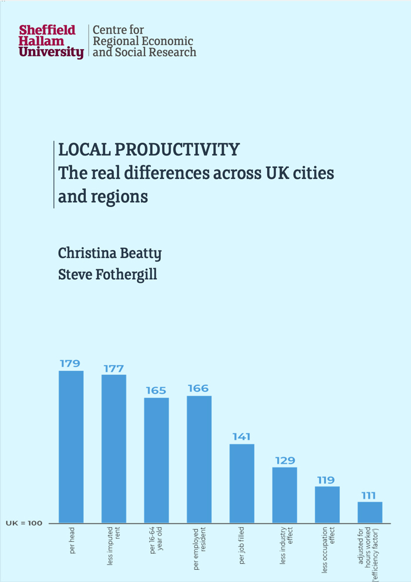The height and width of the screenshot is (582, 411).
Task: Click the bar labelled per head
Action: pyautogui.click(x=71, y=446)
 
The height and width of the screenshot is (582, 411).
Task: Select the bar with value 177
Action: pyautogui.click(x=114, y=448)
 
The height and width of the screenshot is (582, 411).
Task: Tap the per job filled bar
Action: pyautogui.click(x=241, y=483)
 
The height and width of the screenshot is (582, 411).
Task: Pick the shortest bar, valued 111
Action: pyautogui.click(x=370, y=512)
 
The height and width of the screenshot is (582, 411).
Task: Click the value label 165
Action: pyautogui.click(x=156, y=390)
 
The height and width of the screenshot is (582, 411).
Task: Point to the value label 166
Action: pyautogui.click(x=198, y=388)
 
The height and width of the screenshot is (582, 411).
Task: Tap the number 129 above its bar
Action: pyautogui.click(x=284, y=461)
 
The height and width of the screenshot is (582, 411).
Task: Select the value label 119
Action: pyautogui.click(x=326, y=480)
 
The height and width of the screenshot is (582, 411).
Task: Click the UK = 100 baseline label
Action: pyautogui.click(x=25, y=523)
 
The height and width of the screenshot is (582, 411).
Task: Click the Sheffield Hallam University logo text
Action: pyautogui.click(x=51, y=41)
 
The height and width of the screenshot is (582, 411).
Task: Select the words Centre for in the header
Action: pyautogui.click(x=119, y=29)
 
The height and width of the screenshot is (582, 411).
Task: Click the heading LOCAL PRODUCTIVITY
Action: pyautogui.click(x=149, y=150)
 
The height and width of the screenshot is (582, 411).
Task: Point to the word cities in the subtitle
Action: pyautogui.click(x=309, y=173)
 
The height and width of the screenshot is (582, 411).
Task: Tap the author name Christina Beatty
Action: pyautogui.click(x=110, y=253)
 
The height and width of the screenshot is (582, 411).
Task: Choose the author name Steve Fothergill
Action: pyautogui.click(x=107, y=274)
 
